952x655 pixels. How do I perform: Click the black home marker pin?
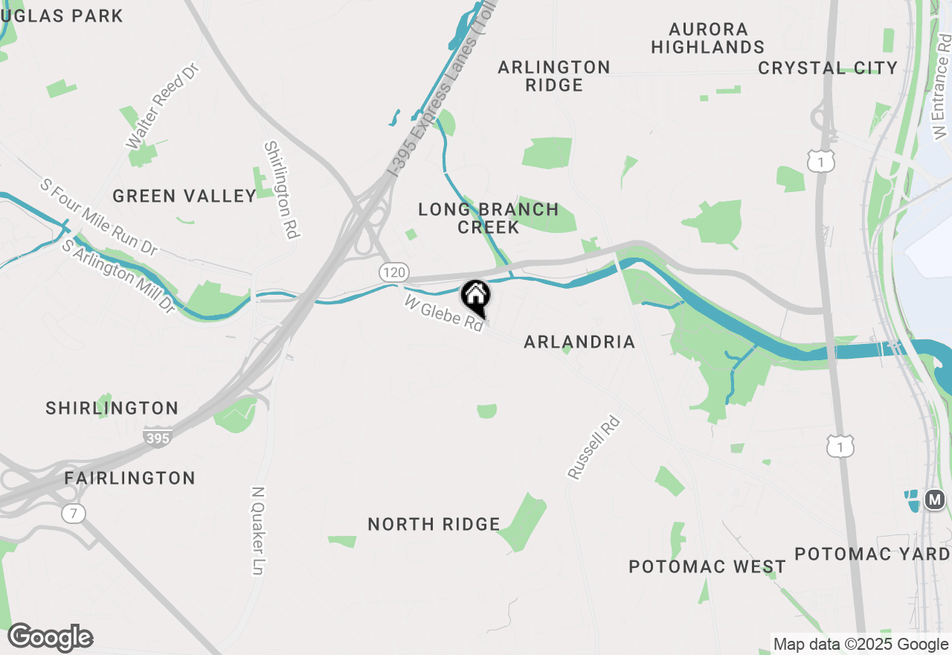pos(475,297)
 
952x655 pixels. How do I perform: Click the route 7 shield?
pos(73,513)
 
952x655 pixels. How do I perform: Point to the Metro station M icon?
pos(935,499)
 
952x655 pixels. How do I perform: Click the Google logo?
pos(50,637)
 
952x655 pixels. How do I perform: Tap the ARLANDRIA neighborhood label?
pos(579,342)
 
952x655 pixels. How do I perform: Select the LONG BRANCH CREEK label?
pos(489,218)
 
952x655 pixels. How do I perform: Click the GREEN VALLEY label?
pos(184,196)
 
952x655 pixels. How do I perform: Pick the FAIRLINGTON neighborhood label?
pos(130,478)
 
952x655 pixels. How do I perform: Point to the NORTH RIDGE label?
pos(434,524)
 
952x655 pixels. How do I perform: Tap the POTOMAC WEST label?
pos(707,566)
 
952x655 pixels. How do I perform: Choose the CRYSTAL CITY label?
pos(828,68)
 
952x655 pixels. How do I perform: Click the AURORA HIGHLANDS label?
pos(708,38)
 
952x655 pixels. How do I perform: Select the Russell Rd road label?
pos(594,447)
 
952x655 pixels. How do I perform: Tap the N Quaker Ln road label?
pos(258,531)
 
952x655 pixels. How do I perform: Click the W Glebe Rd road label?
pos(443,313)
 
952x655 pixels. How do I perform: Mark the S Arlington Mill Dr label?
pos(118,275)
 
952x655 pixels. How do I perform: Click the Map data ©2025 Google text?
pos(861,645)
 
